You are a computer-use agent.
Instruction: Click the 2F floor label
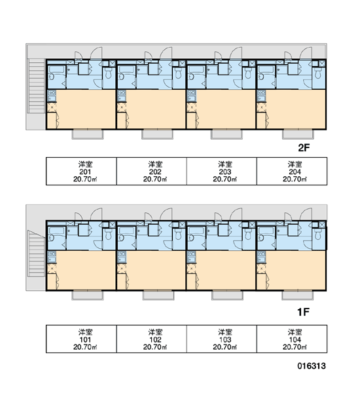click(x=304, y=148)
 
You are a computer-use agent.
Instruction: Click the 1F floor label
click(x=303, y=312)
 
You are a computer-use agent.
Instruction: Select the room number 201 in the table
click(x=85, y=172)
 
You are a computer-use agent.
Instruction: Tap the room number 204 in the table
click(x=295, y=172)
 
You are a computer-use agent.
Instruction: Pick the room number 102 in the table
click(x=155, y=340)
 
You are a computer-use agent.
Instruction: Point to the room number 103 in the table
click(x=225, y=340)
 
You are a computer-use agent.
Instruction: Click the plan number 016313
click(x=312, y=366)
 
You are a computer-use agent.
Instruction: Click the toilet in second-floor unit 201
click(x=109, y=73)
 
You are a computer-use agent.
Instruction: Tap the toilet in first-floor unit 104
click(x=318, y=234)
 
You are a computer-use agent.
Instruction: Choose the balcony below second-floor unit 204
click(x=298, y=134)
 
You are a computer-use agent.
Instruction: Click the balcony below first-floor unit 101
click(x=88, y=295)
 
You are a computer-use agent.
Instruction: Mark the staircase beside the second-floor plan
click(x=36, y=86)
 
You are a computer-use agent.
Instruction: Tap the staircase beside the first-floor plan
click(x=36, y=253)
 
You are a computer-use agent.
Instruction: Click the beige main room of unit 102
click(x=155, y=270)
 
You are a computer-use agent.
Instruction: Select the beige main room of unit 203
click(x=225, y=109)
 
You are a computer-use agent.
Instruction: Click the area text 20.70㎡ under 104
click(x=295, y=347)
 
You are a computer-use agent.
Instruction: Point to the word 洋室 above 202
click(x=155, y=164)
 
